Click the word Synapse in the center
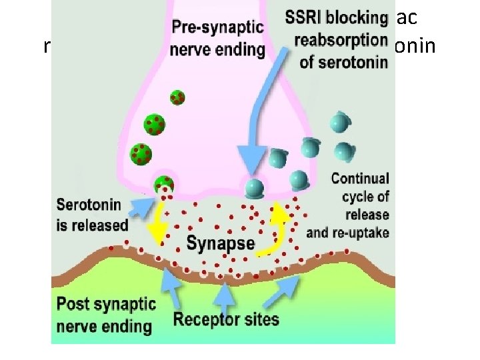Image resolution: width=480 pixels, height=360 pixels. coord(220,243)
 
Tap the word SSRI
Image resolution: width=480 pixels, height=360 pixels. coord(305,18)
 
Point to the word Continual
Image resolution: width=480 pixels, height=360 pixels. coord(359,179)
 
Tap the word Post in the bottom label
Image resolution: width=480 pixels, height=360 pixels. coord(73,305)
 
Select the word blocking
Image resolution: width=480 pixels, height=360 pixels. coord(359,18)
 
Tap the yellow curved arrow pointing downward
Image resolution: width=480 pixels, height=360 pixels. coord(159,223)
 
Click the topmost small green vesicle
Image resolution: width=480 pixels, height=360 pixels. coord(177,97)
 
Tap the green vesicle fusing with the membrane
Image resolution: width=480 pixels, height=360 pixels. coord(163,185)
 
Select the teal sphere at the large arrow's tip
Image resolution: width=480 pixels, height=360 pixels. coord(253,187)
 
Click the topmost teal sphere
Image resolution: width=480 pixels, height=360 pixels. coord(341,123)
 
